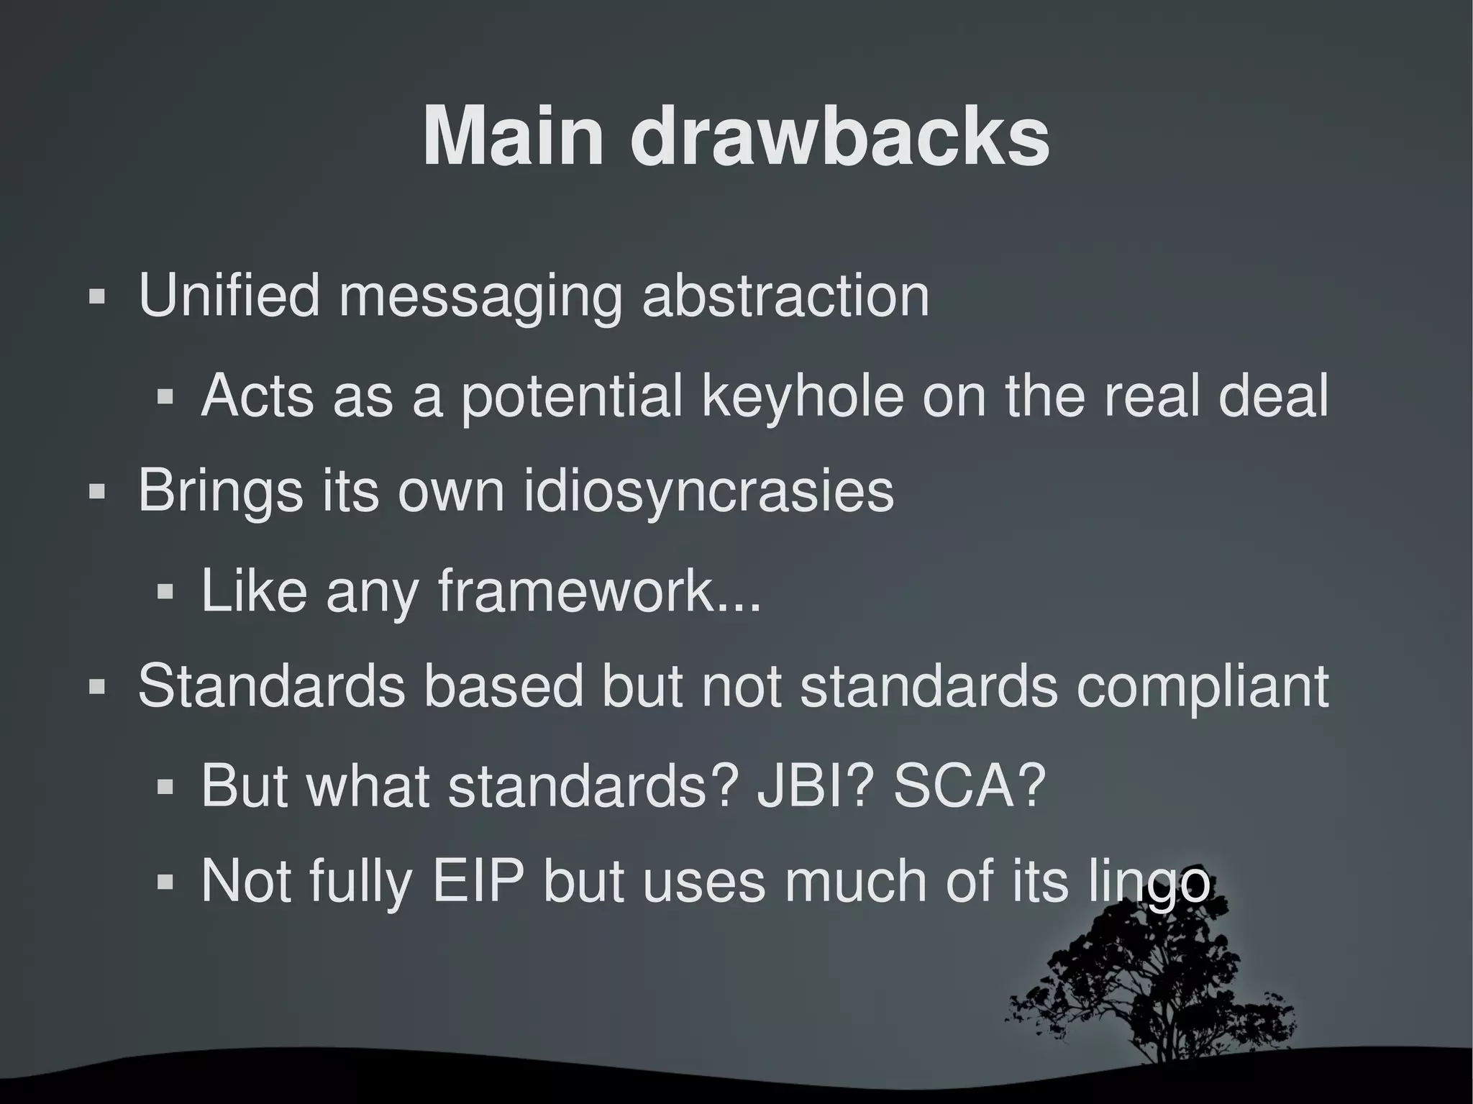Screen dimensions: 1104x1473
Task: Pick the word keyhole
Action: (x=801, y=396)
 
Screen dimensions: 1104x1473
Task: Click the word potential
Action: (x=571, y=396)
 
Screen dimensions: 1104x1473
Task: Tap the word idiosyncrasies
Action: (x=708, y=492)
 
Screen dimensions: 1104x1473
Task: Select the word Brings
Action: (x=220, y=492)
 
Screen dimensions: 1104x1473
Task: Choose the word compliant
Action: (x=1202, y=688)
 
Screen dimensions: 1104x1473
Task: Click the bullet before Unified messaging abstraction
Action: (x=97, y=296)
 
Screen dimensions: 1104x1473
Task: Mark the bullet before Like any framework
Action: (x=165, y=592)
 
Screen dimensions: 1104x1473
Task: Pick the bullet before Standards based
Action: (x=97, y=687)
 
